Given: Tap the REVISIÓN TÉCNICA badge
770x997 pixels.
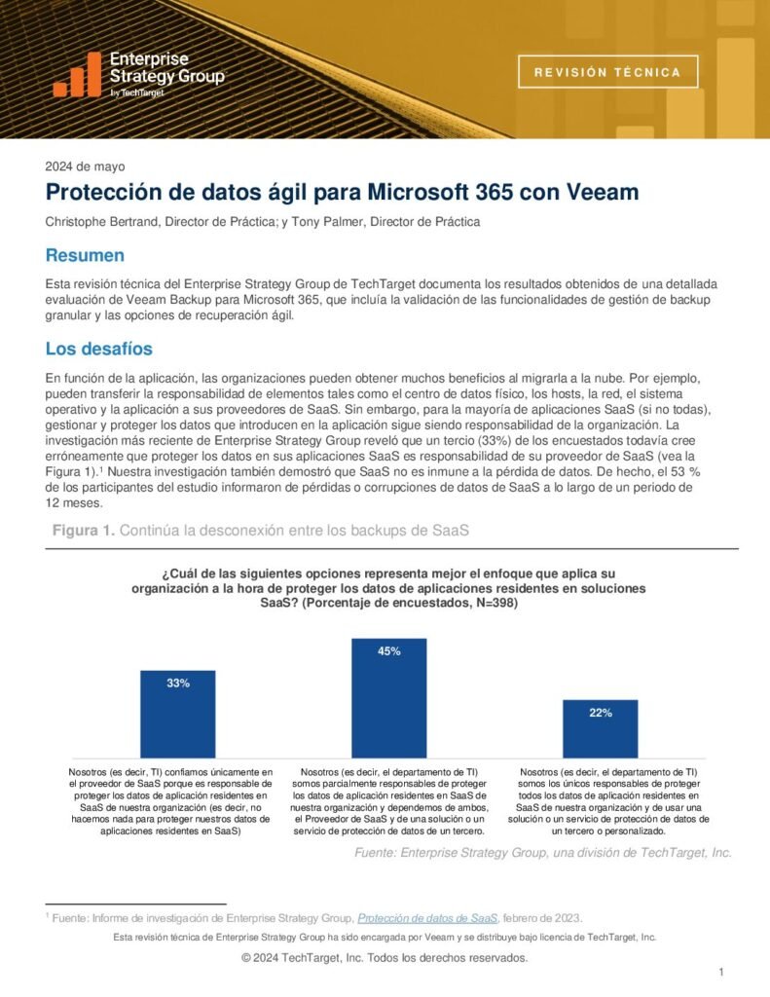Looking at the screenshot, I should coord(608,72).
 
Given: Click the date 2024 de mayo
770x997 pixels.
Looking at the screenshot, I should coord(85,166).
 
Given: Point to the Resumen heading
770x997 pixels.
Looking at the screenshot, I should coord(85,255).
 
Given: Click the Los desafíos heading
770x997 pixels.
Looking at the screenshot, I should coord(99,348).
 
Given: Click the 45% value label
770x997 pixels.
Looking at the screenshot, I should coord(388,651).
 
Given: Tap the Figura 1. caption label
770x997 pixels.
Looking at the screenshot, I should coord(84,530).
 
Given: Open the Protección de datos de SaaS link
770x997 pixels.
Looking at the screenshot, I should coord(427,917).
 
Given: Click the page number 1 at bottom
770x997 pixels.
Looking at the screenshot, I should coord(720,973).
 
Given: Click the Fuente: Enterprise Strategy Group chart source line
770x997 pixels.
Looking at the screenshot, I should coord(543,852).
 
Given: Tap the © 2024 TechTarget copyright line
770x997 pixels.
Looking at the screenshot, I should coord(385,958).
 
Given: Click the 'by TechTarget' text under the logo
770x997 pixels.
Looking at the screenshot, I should coord(136,92).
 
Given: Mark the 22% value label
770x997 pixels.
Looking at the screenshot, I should coord(600,713).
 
